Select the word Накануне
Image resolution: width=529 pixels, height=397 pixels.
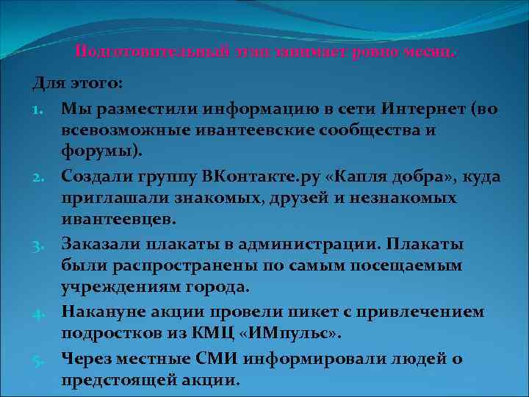[102, 312]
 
